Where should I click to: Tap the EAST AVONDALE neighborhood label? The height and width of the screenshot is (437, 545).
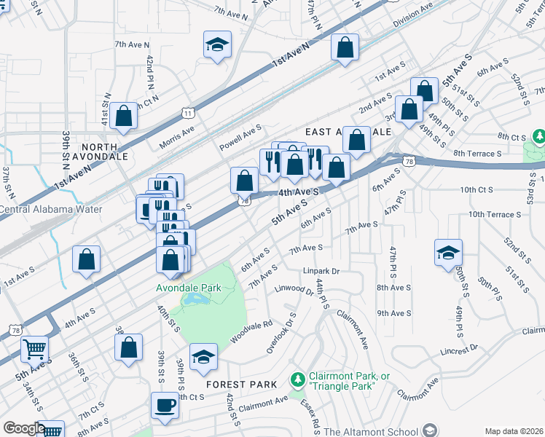[348, 132]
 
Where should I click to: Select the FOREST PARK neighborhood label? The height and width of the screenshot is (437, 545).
[241, 385]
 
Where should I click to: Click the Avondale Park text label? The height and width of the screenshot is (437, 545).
[188, 288]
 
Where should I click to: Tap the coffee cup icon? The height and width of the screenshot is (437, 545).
[165, 405]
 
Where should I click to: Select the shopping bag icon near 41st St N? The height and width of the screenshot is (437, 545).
[124, 115]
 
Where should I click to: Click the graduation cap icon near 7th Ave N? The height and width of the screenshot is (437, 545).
[216, 45]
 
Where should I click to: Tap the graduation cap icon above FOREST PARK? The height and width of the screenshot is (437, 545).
[203, 357]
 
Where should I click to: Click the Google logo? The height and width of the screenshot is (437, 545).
[23, 428]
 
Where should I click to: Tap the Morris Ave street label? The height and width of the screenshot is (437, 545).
[177, 135]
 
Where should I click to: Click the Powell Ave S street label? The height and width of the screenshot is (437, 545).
[240, 138]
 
